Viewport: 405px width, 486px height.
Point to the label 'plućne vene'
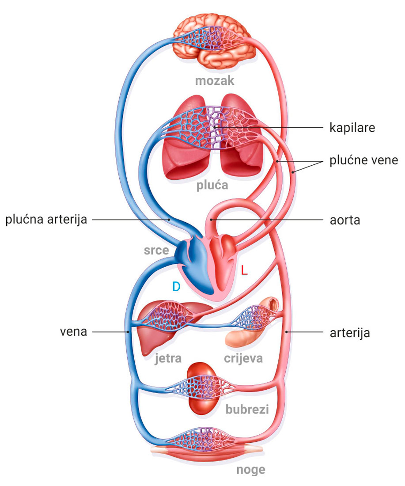363,160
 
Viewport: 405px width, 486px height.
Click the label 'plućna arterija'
46,220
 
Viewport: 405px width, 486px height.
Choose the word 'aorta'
344,220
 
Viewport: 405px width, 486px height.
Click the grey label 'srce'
156,251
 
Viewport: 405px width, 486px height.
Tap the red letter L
244,270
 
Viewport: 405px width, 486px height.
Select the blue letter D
176,287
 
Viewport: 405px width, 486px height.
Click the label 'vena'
73,332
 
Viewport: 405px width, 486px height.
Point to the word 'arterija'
349,332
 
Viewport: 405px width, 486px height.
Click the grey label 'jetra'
168,357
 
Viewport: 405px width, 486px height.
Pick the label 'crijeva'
243,357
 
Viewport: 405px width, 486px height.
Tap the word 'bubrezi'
247,409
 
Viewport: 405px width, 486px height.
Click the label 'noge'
250,469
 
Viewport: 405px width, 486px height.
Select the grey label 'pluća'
212,185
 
